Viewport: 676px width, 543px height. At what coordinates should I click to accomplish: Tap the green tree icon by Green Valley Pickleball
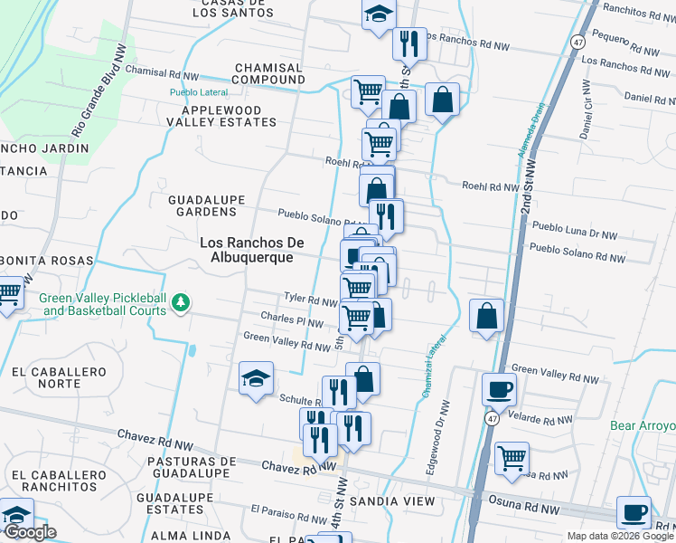[182, 301]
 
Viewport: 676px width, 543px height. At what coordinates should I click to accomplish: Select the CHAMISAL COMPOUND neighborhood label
[269, 73]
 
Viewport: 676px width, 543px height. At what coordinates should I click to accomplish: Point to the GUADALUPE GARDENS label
[202, 205]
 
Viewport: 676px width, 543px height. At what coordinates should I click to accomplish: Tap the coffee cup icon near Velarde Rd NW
[499, 390]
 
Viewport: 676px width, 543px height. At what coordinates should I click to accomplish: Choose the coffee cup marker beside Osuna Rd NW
[634, 512]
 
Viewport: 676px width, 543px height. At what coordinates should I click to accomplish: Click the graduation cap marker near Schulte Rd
[257, 378]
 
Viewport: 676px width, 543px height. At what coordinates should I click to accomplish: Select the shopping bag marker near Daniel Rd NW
[443, 100]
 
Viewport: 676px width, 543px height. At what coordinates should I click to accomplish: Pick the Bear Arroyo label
[643, 426]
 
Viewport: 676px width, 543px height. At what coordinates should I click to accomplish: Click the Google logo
[29, 532]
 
